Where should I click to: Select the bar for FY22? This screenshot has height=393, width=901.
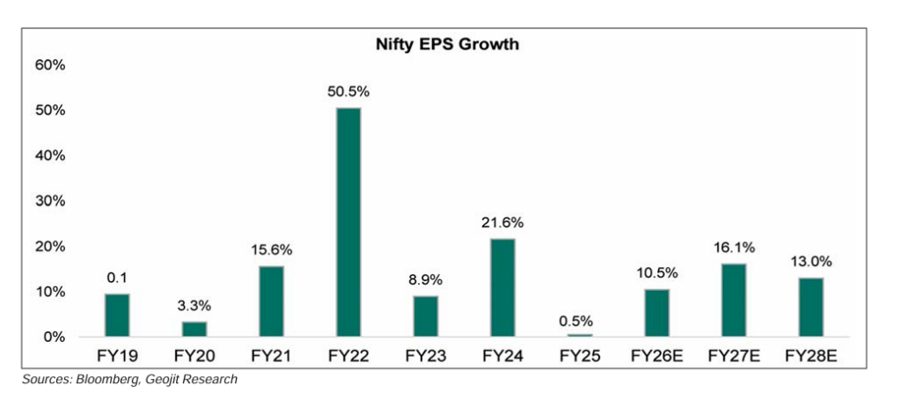tap(348, 222)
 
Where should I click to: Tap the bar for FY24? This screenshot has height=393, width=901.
tap(503, 287)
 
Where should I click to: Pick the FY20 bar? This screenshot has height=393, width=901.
tap(194, 329)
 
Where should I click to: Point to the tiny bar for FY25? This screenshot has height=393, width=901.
tap(580, 335)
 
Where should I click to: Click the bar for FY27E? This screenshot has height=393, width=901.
tap(736, 300)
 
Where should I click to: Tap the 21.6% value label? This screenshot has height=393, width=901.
tap(503, 224)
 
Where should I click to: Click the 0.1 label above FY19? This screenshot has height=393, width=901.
tap(116, 278)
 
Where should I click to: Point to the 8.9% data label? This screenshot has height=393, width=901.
tap(426, 280)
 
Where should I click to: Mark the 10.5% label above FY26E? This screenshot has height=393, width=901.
tap(658, 274)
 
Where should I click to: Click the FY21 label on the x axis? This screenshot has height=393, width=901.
tap(271, 358)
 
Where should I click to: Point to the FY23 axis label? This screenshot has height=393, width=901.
tap(426, 358)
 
